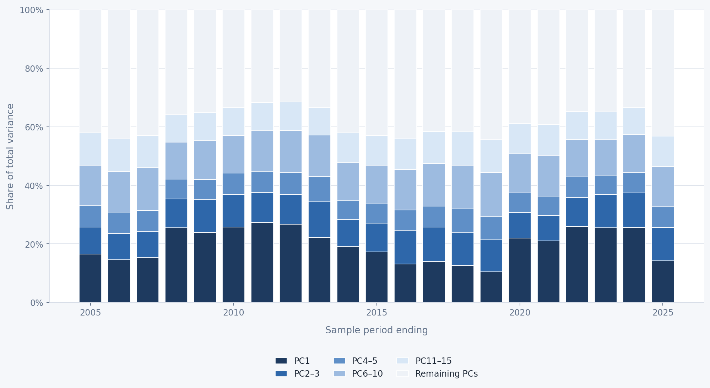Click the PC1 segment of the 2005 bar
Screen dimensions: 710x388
90,278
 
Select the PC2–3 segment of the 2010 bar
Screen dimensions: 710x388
233,211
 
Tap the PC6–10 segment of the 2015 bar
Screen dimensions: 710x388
376,185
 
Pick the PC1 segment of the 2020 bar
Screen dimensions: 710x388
520,270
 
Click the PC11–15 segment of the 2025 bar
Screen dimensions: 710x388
663,151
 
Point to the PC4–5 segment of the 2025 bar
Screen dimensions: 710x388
663,217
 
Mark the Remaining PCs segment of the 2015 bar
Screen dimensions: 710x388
376,72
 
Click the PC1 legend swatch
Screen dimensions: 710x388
281,361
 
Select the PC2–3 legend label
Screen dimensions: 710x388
307,374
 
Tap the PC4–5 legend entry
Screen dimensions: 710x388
355,361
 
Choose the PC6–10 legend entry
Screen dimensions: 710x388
358,374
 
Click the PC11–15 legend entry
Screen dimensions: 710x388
424,361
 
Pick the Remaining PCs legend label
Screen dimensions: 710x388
446,374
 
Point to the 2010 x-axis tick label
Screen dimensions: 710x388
233,313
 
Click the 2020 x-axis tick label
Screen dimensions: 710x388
520,313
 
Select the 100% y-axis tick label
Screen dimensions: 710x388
31,10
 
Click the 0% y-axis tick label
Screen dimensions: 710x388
37,303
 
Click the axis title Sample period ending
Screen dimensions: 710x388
376,330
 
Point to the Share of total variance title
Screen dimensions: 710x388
10,156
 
